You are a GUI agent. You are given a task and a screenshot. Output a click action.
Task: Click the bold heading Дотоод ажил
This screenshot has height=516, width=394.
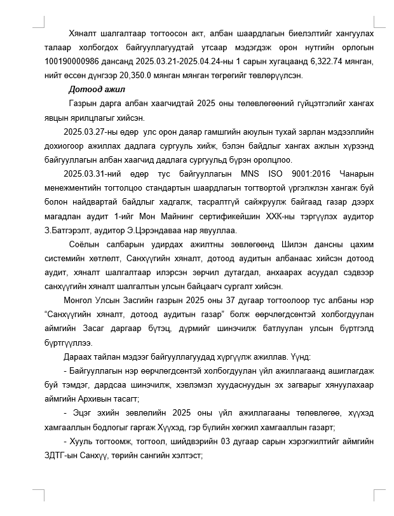97,89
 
